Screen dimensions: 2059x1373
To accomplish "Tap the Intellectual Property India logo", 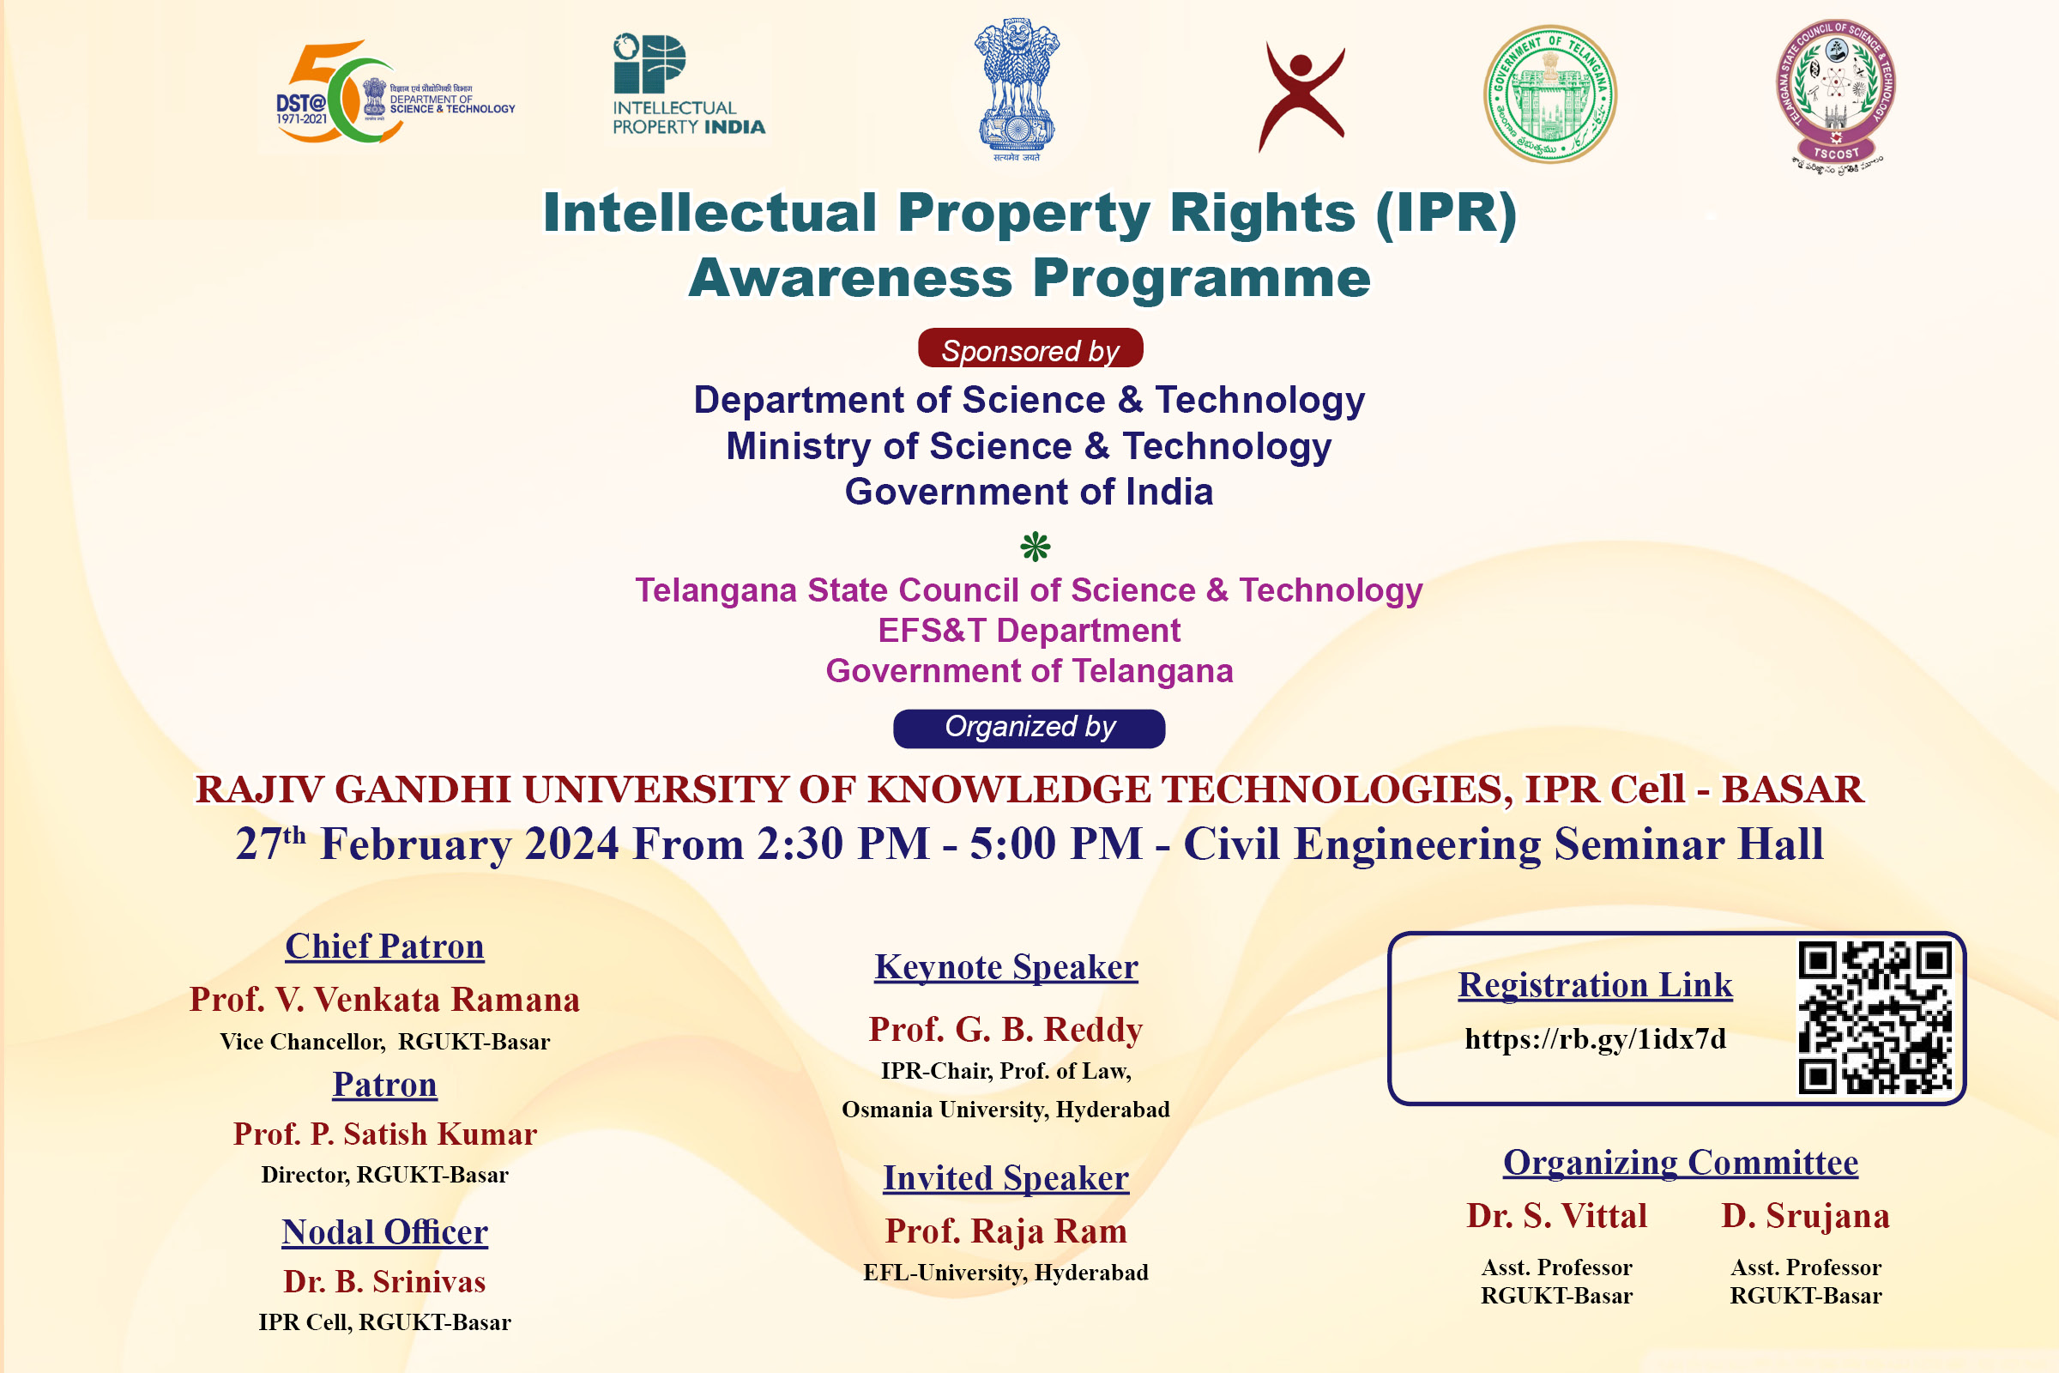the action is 689,84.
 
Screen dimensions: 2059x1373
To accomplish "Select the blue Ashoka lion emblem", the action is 1017,88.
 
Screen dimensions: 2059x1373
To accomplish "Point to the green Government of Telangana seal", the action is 1550,94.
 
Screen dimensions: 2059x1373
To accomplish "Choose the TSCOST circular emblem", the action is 1836,94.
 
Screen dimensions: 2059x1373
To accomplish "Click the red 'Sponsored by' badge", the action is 1030,348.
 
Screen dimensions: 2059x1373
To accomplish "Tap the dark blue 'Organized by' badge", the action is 1029,728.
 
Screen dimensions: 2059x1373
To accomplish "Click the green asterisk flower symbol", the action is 1036,547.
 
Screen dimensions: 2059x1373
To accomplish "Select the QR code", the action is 1875,1018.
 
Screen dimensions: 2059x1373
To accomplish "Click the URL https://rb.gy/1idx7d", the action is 1595,1038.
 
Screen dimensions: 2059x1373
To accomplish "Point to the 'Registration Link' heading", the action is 1595,985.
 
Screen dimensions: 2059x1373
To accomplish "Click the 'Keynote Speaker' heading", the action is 1006,967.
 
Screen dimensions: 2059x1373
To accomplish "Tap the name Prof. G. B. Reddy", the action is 1005,1029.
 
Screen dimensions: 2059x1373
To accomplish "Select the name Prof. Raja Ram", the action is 1005,1231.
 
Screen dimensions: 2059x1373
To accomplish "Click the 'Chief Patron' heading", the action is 384,947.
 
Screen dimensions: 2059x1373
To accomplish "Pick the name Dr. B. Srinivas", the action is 384,1281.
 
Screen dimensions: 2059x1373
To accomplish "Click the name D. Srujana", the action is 1805,1216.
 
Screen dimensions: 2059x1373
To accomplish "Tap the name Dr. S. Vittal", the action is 1556,1216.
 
